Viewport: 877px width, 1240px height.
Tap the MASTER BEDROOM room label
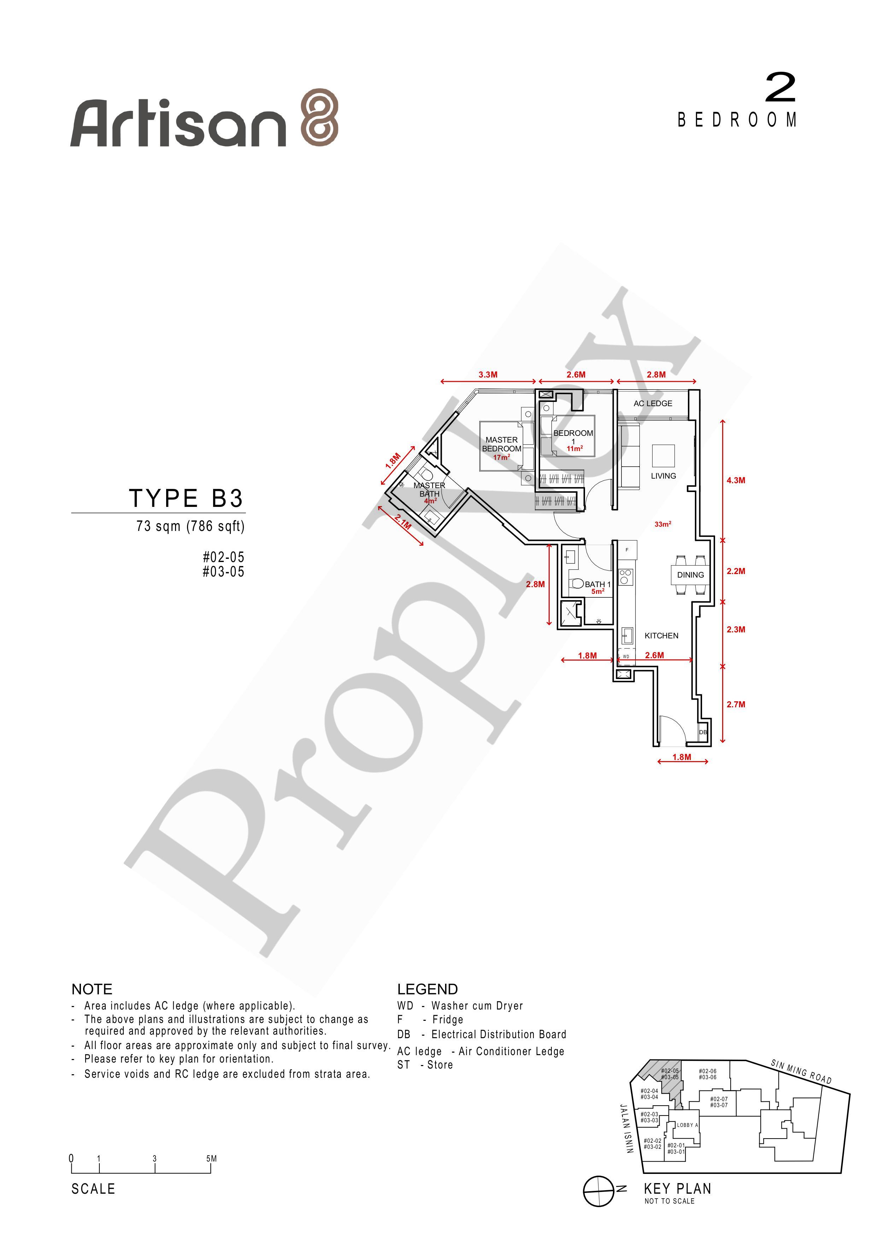pos(502,444)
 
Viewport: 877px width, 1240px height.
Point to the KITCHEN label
pos(661,636)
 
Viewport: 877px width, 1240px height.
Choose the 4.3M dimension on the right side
pos(736,480)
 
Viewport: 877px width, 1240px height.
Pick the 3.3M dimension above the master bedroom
pos(488,374)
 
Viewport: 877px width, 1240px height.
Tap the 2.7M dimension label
pos(736,704)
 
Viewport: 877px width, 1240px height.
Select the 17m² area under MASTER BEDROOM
pos(501,457)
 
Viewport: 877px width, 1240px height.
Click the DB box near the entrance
pos(703,732)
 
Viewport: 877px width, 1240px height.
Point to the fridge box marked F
pos(627,550)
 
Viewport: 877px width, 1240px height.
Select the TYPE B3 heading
pos(186,498)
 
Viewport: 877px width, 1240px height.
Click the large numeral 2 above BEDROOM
pos(780,88)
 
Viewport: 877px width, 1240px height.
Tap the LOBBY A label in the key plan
pos(688,1125)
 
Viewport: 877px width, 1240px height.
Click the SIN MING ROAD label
pos(801,1072)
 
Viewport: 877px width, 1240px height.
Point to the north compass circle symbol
pos(598,1191)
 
